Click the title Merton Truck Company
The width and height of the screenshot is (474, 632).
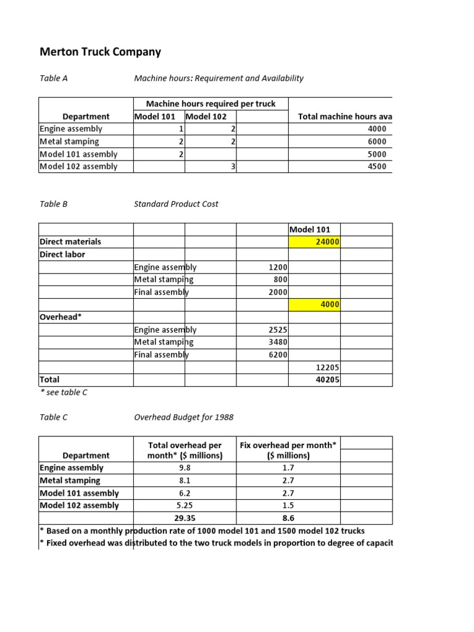pyautogui.click(x=100, y=52)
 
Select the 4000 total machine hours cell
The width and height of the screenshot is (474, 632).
pyautogui.click(x=376, y=129)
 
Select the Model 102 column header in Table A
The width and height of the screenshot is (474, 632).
pyautogui.click(x=206, y=117)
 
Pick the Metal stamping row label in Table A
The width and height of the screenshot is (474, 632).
pyautogui.click(x=69, y=142)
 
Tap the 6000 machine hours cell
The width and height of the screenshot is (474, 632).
pyautogui.click(x=376, y=142)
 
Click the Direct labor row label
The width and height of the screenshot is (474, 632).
pyautogui.click(x=62, y=254)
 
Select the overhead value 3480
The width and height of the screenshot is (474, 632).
pyautogui.click(x=278, y=342)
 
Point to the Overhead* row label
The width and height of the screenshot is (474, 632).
pyautogui.click(x=60, y=317)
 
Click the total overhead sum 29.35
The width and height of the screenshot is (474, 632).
pyautogui.click(x=185, y=518)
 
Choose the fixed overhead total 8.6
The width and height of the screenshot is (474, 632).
pyautogui.click(x=288, y=518)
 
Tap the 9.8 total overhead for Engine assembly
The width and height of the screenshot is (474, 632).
pyautogui.click(x=185, y=468)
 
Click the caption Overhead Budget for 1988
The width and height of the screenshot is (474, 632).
pyautogui.click(x=183, y=417)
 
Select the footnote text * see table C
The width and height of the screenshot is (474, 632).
pyautogui.click(x=63, y=393)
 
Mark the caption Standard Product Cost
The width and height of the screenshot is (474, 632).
pyautogui.click(x=176, y=204)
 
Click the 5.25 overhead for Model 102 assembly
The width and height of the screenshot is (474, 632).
pyautogui.click(x=185, y=505)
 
